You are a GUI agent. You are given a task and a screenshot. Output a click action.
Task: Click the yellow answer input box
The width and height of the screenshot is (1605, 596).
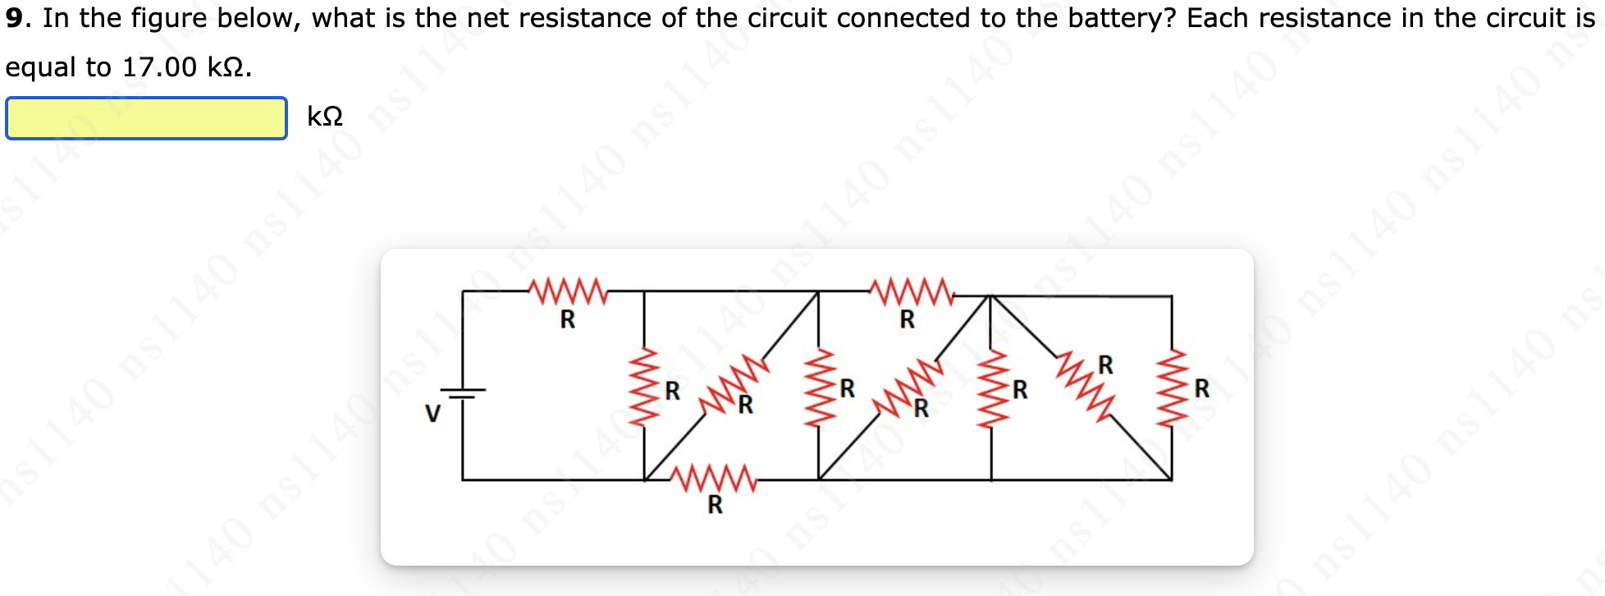point(146,118)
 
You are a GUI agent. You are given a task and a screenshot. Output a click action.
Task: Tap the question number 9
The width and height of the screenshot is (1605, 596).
point(14,18)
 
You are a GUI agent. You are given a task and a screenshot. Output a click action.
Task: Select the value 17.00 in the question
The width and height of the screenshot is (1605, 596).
point(159,67)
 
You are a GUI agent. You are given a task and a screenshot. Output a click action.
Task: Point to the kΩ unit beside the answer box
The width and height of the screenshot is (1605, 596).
point(325,117)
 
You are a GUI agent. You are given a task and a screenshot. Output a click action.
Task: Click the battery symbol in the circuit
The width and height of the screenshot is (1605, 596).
point(463,394)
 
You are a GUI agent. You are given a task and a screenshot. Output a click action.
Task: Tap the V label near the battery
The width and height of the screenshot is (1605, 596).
point(432,413)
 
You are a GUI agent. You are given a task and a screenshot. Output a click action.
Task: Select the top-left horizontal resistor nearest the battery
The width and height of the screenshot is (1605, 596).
point(567,291)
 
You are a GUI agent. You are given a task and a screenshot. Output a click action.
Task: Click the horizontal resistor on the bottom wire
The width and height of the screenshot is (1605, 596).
point(713,479)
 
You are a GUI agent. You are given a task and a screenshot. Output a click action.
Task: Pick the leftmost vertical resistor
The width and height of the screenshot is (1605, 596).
point(644,386)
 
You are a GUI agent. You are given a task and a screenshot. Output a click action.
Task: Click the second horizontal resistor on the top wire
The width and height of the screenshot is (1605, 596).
point(911,291)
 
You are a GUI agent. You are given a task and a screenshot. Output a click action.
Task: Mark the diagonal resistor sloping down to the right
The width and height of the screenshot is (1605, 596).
point(1085,384)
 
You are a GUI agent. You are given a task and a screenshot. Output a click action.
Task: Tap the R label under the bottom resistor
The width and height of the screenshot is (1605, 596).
point(716,505)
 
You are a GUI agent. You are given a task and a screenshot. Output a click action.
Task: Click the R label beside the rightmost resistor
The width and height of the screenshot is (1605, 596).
point(1202,388)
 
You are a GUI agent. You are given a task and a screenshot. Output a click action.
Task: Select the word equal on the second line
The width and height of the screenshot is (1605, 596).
point(40,67)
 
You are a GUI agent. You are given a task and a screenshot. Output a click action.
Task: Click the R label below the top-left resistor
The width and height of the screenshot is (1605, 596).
point(568,319)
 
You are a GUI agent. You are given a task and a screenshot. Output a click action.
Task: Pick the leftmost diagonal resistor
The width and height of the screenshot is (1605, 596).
point(734,383)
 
